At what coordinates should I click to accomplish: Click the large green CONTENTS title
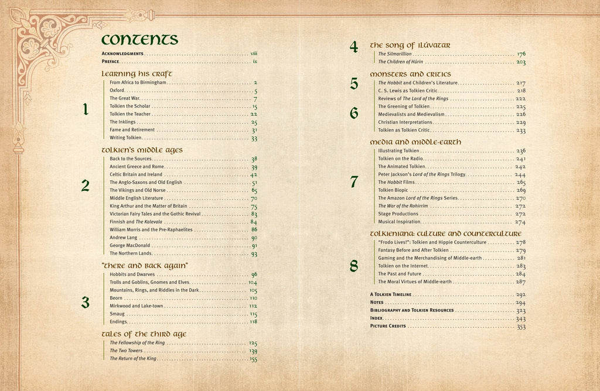[x=139, y=39]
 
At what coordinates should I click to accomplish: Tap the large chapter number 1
[x=86, y=109]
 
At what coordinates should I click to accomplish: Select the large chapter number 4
[x=354, y=47]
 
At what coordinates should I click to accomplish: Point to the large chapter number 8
[x=354, y=266]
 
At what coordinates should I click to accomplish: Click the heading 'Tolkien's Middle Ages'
[x=142, y=150]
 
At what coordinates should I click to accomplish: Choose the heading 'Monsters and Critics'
[x=410, y=74]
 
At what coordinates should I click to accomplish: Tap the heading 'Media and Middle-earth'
[x=415, y=142]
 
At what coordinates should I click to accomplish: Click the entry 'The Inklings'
[x=122, y=122]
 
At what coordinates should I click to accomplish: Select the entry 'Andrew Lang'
[x=122, y=238]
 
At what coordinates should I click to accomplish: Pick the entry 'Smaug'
[x=117, y=314]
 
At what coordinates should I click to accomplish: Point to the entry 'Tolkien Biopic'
[x=394, y=190]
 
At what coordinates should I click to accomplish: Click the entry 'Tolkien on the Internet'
[x=404, y=266]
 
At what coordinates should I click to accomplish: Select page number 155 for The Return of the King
[x=253, y=359]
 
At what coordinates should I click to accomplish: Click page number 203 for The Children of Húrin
[x=521, y=62]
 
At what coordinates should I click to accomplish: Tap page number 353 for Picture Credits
[x=521, y=327]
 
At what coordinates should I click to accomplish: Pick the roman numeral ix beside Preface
[x=255, y=61]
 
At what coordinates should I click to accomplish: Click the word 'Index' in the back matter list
[x=376, y=318]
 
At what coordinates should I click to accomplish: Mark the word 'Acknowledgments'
[x=122, y=53]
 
